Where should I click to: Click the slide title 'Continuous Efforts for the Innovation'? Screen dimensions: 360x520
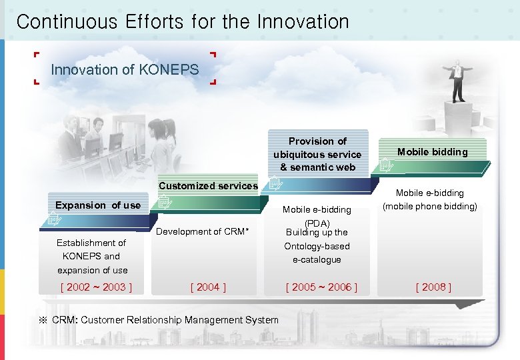[183, 21]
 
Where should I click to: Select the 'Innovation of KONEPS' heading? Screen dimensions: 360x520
[125, 69]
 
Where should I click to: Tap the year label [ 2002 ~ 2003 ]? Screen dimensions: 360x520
[96, 287]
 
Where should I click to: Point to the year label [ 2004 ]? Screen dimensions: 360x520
[208, 287]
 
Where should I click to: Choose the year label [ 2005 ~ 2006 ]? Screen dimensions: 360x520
[321, 287]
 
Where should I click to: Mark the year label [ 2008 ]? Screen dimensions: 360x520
[433, 287]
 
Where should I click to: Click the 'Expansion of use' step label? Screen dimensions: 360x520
[98, 205]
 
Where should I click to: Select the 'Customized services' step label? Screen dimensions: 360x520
[208, 186]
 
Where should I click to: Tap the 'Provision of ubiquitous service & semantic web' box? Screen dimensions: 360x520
[318, 154]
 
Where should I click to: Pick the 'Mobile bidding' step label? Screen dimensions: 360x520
[433, 152]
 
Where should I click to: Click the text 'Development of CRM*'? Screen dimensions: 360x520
[203, 231]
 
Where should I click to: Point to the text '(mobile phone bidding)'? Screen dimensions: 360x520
[430, 207]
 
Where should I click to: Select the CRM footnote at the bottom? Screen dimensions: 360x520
[159, 320]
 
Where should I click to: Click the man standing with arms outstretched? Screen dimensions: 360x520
[457, 80]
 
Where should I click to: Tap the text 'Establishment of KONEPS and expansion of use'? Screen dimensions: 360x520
[92, 257]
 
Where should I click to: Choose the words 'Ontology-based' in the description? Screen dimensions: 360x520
[317, 246]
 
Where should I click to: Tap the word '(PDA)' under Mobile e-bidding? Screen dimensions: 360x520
[317, 223]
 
